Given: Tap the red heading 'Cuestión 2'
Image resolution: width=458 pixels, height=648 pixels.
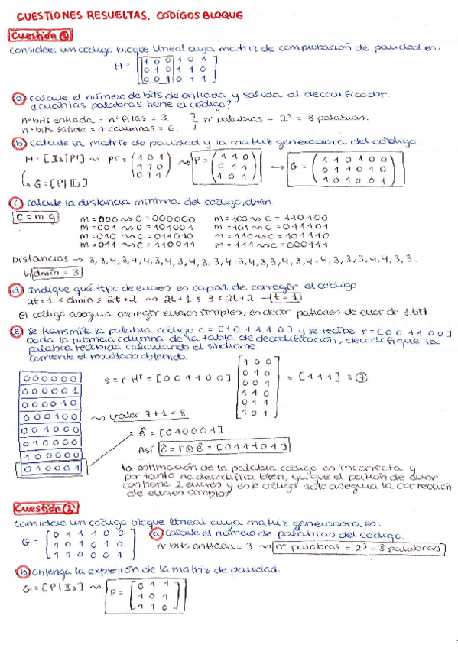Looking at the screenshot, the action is point(43,508).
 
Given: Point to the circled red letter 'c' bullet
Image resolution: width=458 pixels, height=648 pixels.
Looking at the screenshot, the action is point(16,202).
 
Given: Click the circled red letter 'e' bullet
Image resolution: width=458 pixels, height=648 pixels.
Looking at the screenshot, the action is point(18,331).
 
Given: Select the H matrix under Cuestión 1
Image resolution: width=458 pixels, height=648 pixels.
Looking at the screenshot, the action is point(174,69).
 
